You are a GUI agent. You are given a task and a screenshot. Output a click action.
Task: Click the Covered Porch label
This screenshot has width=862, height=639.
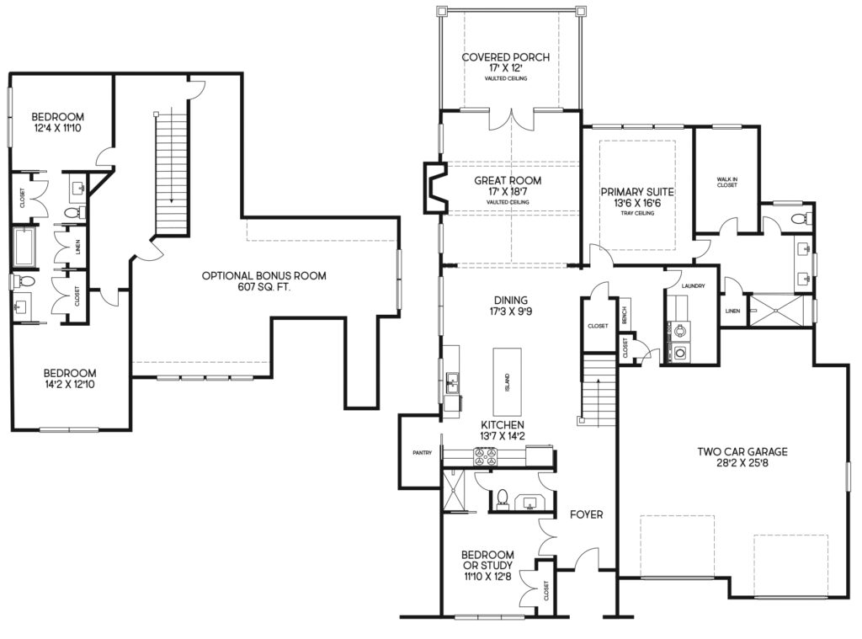click(506, 58)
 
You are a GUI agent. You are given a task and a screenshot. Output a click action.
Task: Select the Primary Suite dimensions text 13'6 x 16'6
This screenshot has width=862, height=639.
click(632, 203)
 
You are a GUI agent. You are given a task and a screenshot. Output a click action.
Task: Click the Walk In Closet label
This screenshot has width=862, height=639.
click(726, 181)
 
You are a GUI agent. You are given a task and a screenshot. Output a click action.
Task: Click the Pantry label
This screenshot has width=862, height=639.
click(422, 453)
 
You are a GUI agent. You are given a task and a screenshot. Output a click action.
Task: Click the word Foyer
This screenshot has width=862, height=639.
click(586, 514)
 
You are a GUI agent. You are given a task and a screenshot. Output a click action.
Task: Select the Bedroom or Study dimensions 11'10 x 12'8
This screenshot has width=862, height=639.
click(487, 577)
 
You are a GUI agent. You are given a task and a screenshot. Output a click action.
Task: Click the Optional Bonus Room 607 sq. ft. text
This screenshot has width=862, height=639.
click(263, 275)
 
